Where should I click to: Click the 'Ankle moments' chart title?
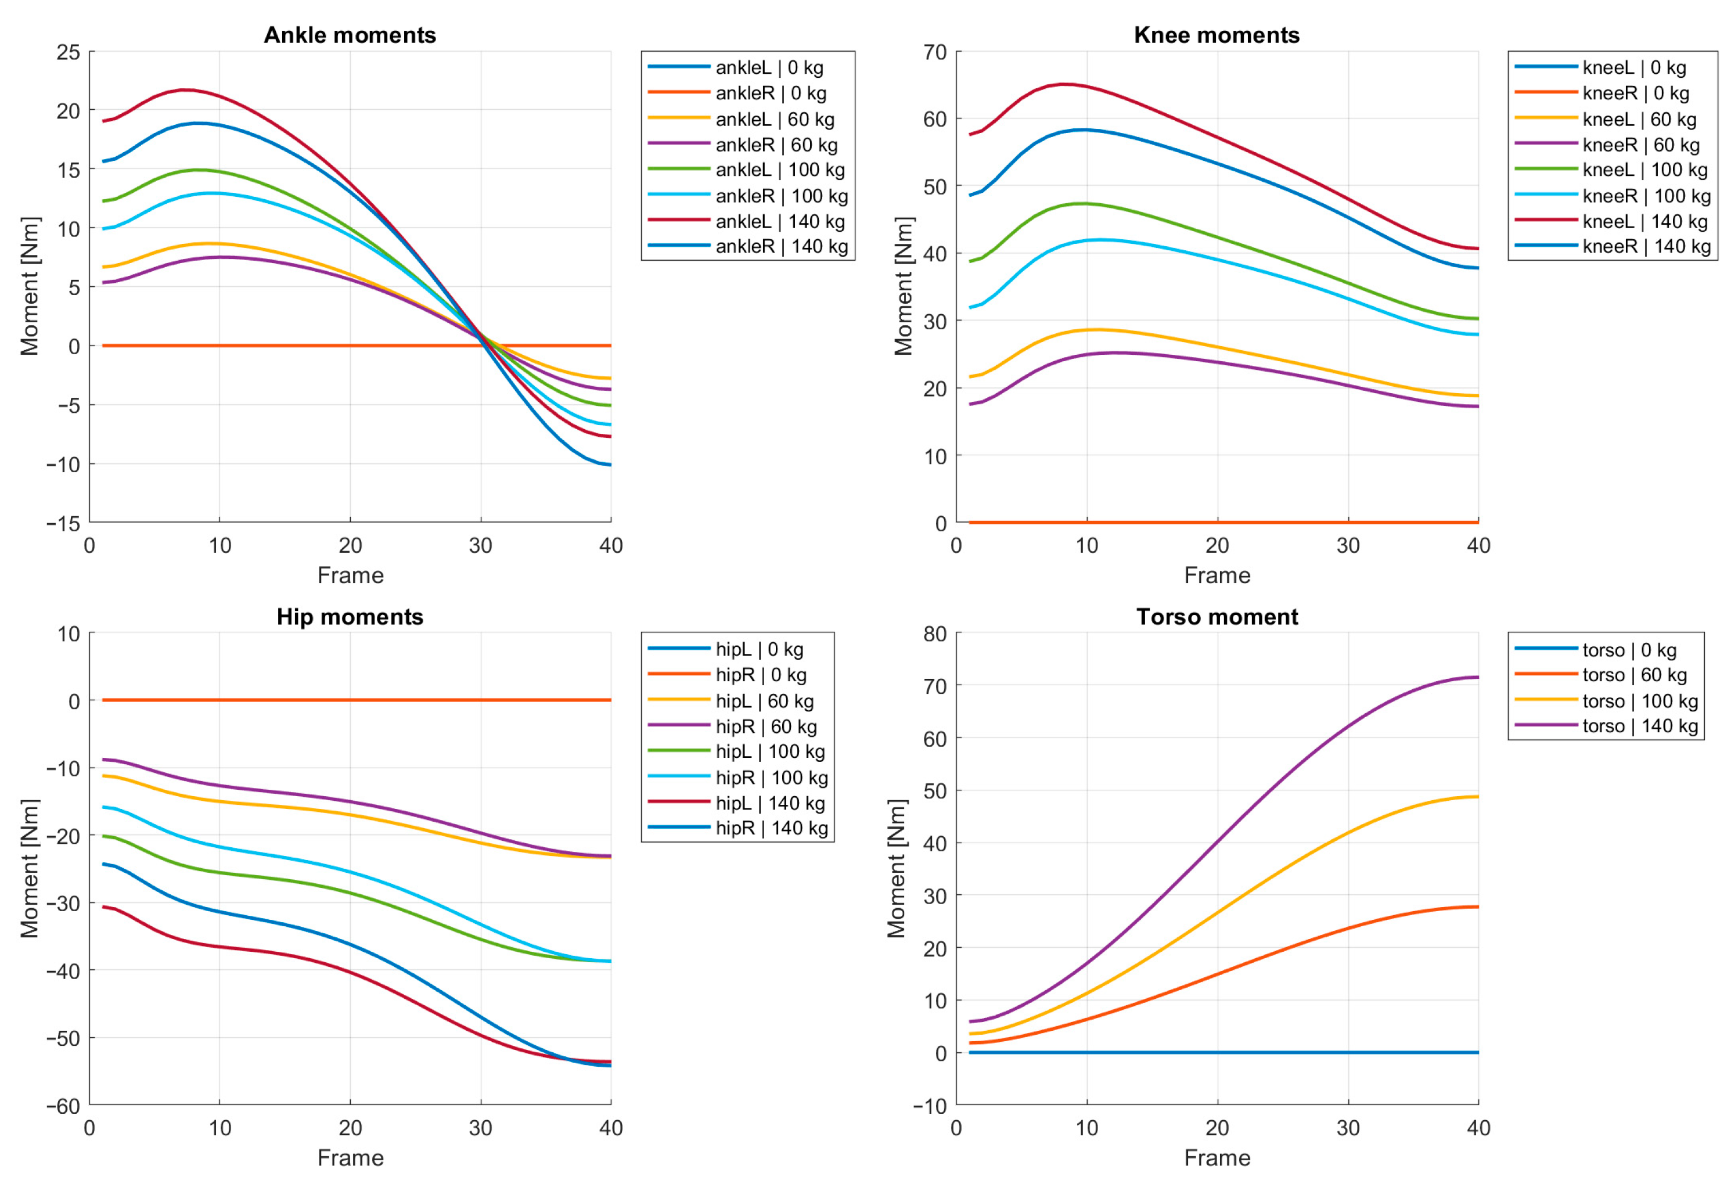(x=350, y=35)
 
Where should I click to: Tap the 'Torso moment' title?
(x=1217, y=617)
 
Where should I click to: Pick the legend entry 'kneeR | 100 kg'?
(x=1613, y=196)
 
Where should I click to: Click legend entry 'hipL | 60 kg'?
(x=730, y=701)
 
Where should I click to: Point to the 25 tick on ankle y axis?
(x=68, y=52)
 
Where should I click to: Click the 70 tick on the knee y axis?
(x=935, y=52)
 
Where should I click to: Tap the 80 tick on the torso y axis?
(x=935, y=634)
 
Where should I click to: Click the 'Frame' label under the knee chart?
(x=1217, y=575)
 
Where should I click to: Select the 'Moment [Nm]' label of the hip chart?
(x=29, y=869)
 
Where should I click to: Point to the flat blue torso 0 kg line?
(x=1223, y=1053)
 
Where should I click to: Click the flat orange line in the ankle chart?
(x=357, y=346)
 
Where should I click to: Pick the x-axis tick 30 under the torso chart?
(x=1348, y=1128)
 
